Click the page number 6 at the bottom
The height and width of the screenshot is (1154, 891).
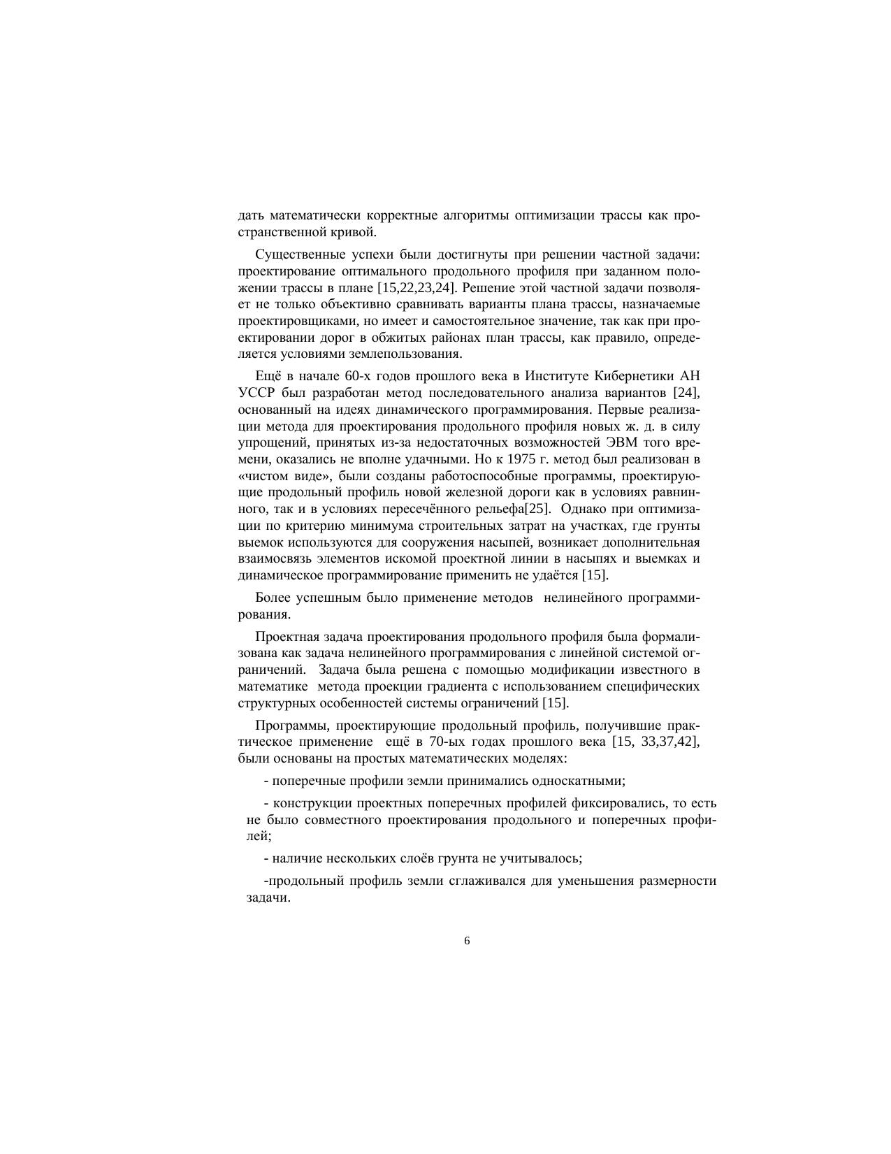point(467,941)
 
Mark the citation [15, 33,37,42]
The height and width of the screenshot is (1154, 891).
point(655,742)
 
